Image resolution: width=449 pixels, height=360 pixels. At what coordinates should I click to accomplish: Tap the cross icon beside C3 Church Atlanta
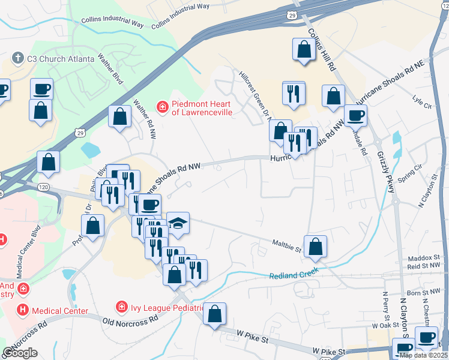coord(17,59)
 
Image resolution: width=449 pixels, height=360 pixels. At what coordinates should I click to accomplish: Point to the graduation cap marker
coord(178,223)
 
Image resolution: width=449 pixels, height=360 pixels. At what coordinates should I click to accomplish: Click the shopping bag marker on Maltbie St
coord(315,246)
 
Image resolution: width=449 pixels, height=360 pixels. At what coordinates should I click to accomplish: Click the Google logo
coord(20,353)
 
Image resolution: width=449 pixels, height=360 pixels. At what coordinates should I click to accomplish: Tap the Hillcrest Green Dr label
coord(255,93)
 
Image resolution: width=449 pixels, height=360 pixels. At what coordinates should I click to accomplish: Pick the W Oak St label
coord(385,325)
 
